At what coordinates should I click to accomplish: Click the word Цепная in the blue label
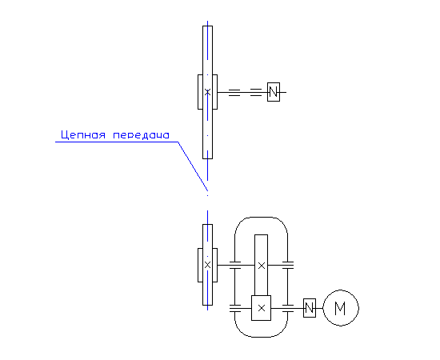tap(83, 135)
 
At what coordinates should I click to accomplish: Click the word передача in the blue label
tap(141, 135)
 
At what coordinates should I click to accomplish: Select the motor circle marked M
tap(341, 308)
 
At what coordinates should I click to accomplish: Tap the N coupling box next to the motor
tap(310, 308)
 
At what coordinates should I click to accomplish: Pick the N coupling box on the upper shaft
tap(274, 92)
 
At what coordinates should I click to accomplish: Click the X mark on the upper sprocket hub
tap(207, 92)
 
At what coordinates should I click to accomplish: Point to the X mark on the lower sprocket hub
tap(207, 265)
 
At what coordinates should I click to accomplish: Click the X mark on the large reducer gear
tap(262, 266)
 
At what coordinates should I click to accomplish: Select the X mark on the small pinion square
tap(262, 308)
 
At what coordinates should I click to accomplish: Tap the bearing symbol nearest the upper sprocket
tap(234, 93)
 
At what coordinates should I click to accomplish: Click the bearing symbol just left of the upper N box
tap(256, 92)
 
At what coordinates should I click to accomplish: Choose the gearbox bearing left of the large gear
tap(235, 265)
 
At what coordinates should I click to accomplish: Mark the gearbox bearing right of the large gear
tap(288, 265)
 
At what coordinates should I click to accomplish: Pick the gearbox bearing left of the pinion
tap(235, 308)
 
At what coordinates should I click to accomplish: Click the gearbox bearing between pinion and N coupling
tap(288, 308)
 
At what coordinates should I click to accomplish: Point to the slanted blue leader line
tap(193, 166)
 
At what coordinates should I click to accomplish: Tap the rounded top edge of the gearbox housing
tap(262, 217)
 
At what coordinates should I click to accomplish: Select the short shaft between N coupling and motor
tap(319, 308)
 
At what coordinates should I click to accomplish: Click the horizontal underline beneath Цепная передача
tap(117, 142)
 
